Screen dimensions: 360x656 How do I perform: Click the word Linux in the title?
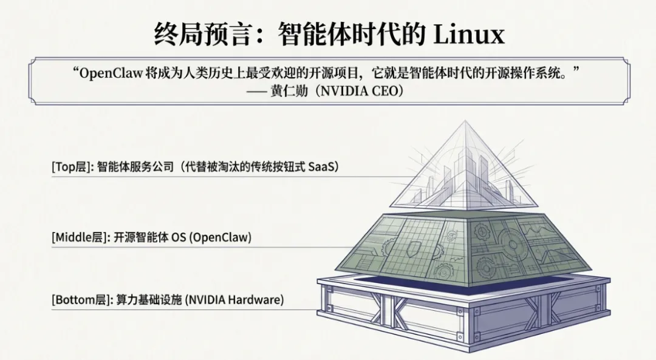pyautogui.click(x=468, y=35)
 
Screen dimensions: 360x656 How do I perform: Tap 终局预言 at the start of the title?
pyautogui.click(x=202, y=35)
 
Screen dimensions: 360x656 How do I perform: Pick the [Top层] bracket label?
pyautogui.click(x=70, y=166)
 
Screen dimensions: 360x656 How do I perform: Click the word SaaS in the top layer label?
pyautogui.click(x=323, y=166)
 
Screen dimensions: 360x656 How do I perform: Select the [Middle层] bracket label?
pyautogui.click(x=78, y=237)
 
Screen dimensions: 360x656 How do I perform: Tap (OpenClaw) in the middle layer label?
pyautogui.click(x=220, y=237)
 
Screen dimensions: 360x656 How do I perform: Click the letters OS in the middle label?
pyautogui.click(x=178, y=237)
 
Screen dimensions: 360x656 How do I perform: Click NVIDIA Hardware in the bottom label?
pyautogui.click(x=234, y=300)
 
